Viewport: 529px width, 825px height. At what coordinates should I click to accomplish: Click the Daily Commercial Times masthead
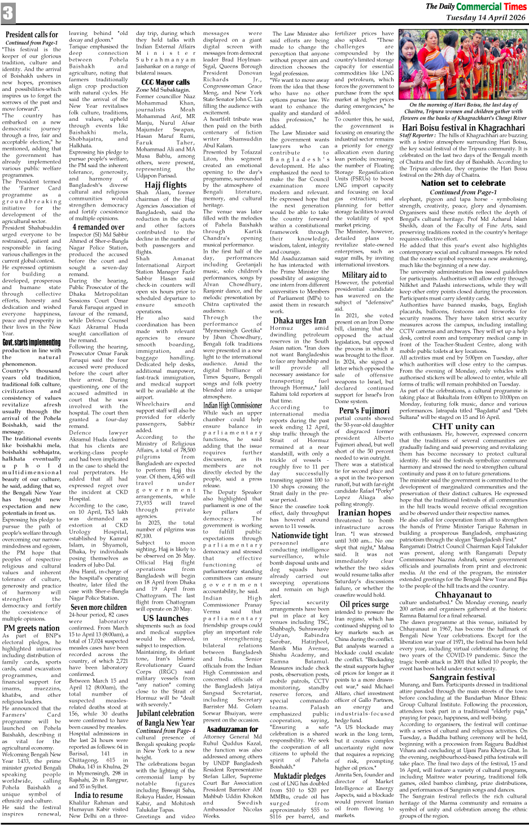click(476, 6)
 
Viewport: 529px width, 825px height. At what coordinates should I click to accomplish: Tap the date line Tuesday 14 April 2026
click(486, 18)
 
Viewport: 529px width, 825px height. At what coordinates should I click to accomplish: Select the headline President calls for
click(32, 35)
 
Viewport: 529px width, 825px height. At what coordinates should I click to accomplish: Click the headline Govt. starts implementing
click(32, 342)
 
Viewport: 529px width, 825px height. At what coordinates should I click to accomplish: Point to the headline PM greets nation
click(32, 627)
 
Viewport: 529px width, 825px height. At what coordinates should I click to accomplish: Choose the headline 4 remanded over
click(98, 226)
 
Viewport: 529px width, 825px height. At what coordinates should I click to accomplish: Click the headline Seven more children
click(98, 608)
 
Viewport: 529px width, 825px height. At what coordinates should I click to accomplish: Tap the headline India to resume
click(98, 795)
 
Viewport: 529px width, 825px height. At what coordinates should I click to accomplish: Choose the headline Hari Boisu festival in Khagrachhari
click(463, 128)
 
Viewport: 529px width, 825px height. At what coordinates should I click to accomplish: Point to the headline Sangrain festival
click(463, 676)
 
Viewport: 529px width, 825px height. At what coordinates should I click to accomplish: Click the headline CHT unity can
click(463, 426)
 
